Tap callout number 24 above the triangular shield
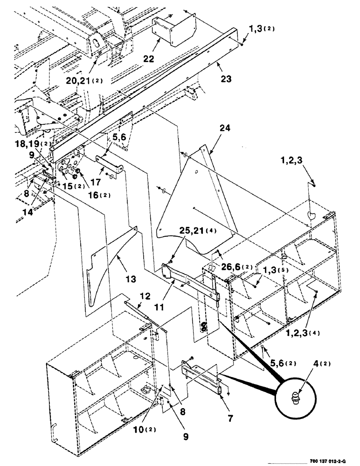(224, 127)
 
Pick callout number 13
(130, 279)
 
